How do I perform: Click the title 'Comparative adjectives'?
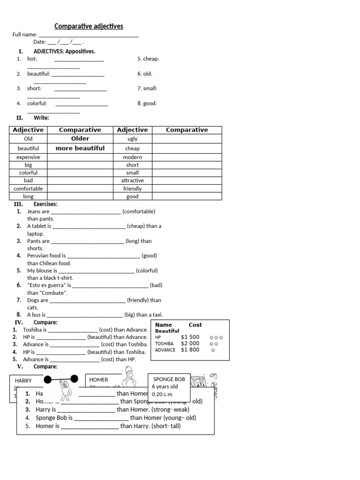89,26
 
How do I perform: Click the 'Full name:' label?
25,35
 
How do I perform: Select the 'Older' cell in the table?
80,139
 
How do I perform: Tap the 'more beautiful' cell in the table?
80,148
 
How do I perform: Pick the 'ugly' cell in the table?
133,139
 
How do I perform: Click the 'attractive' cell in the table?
133,180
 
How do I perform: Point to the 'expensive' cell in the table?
29,157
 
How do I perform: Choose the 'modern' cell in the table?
133,157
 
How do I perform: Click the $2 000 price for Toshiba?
190,344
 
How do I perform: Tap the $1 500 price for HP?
190,337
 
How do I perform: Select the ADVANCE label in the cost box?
165,350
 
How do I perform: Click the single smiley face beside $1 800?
213,350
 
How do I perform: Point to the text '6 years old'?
165,387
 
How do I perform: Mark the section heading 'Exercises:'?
45,204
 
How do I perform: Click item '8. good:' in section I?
147,104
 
